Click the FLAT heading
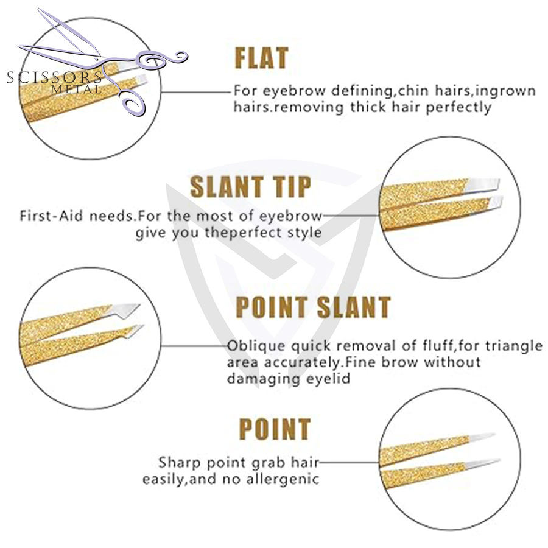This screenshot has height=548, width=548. pos(261,58)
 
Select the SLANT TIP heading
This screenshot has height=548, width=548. pos(250,186)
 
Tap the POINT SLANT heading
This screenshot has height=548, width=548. pos(312,307)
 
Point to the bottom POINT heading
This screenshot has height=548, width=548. pos(275,429)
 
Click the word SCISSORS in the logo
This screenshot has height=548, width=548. pos(54,77)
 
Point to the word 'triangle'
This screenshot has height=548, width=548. pos(512,346)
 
